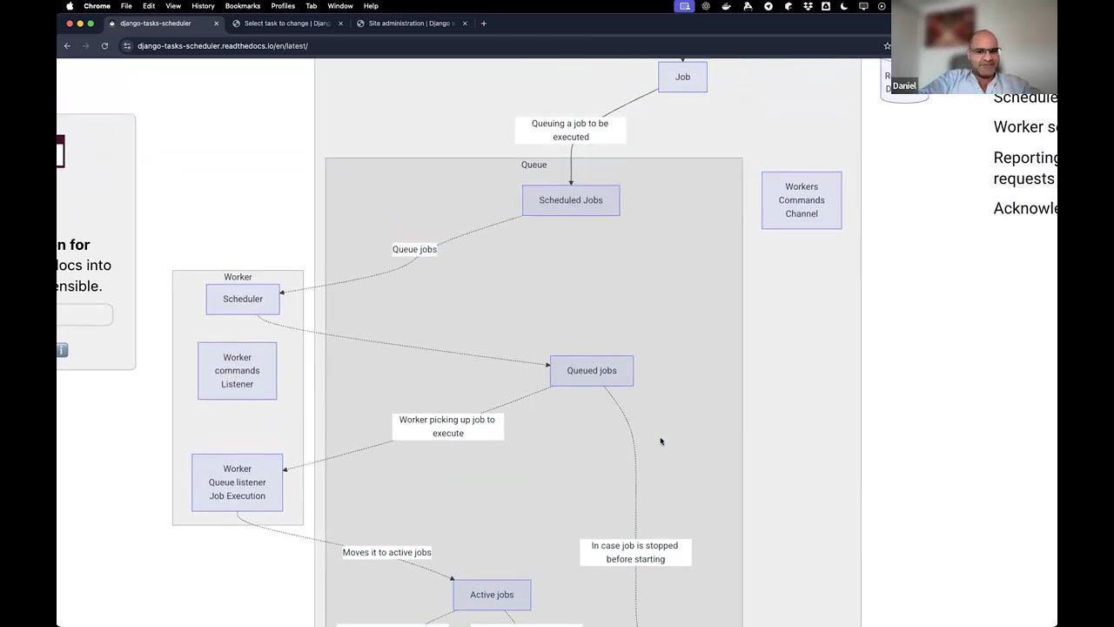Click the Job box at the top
(x=682, y=77)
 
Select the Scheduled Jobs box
(x=571, y=200)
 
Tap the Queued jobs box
(x=592, y=371)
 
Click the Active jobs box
(x=492, y=595)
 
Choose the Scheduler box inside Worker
(x=243, y=300)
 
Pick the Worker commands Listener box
(x=237, y=371)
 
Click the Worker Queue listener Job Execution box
(x=237, y=482)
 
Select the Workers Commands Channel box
(x=802, y=200)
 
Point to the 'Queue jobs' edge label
(x=414, y=249)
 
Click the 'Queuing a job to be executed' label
(x=570, y=130)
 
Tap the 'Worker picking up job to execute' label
(x=447, y=426)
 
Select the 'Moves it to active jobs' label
(x=386, y=552)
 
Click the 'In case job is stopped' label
(x=635, y=552)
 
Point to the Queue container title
(x=534, y=165)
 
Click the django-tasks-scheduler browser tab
(x=157, y=24)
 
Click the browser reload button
(x=104, y=46)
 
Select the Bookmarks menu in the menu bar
(x=243, y=6)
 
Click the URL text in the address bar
(x=223, y=46)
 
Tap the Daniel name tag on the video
(x=904, y=85)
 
